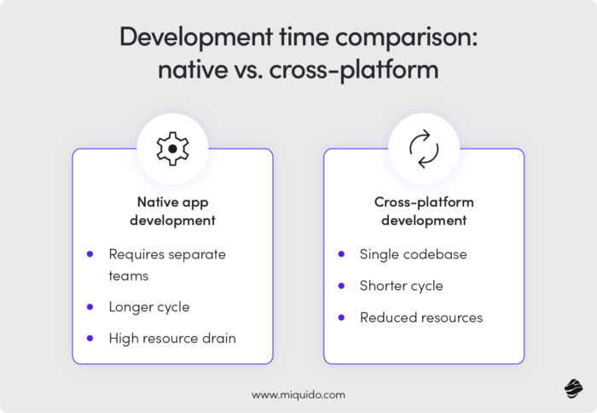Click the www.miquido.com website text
coord(298,395)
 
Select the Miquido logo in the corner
coord(572,389)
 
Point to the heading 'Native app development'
coord(172,211)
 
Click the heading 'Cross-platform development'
coord(424,211)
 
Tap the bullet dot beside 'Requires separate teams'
coord(90,254)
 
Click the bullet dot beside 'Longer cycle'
coord(90,306)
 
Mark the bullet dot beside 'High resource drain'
coord(90,338)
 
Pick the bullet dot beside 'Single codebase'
coord(342,254)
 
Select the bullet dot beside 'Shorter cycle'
coord(342,286)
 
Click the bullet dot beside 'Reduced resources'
coord(342,317)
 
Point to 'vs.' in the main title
coord(245,69)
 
